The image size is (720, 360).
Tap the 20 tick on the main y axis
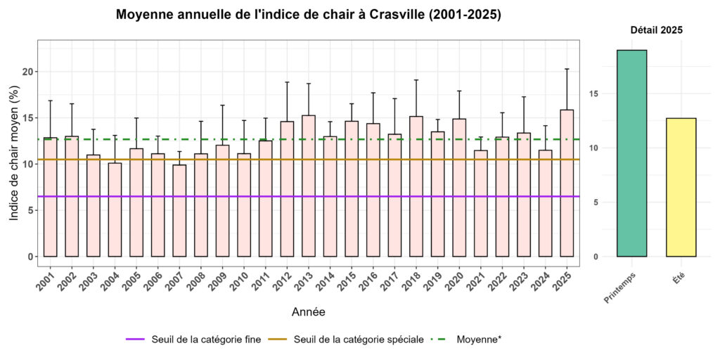click(x=27, y=72)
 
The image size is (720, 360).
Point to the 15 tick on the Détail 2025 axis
click(x=596, y=94)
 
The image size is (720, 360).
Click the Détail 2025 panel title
click(x=655, y=30)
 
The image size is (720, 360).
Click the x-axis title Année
click(x=308, y=311)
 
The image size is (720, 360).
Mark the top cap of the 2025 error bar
click(x=567, y=69)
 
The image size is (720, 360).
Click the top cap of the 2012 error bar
click(x=287, y=82)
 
